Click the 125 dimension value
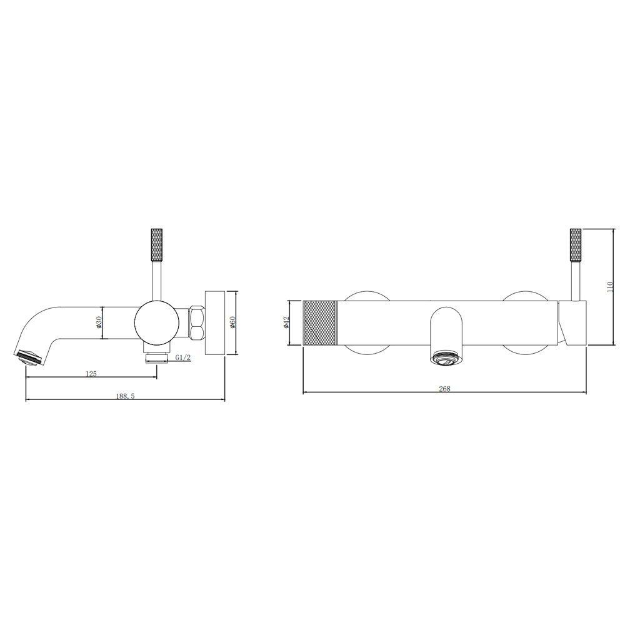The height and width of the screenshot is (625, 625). point(91,374)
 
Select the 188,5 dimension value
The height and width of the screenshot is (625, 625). point(126,396)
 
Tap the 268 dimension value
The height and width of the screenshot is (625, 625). point(444,389)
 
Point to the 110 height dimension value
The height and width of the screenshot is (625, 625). point(609,287)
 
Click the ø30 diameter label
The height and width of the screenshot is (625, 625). point(99,322)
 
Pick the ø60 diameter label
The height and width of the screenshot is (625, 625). point(233,322)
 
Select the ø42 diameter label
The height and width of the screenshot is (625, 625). point(286,322)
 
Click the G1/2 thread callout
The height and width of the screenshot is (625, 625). point(183,357)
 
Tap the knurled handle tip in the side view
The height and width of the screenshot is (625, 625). point(157,244)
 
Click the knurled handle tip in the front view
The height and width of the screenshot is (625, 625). point(576,245)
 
